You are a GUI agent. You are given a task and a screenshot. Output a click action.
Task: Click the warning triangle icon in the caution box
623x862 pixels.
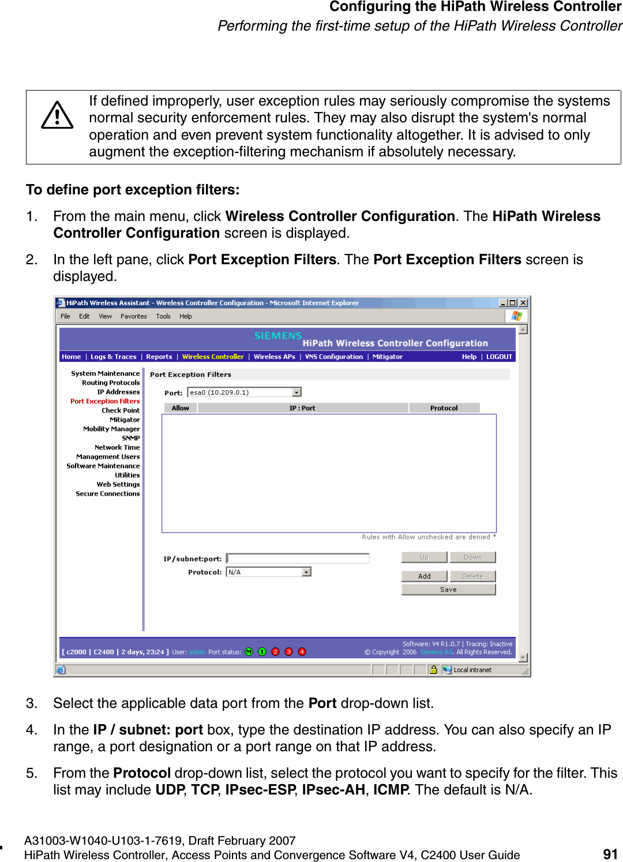[57, 115]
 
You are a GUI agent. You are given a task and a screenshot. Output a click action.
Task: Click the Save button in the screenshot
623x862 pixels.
[448, 590]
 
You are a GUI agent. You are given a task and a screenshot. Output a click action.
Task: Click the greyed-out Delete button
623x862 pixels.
[472, 576]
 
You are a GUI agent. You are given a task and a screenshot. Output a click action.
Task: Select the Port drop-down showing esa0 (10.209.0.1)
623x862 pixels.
[245, 392]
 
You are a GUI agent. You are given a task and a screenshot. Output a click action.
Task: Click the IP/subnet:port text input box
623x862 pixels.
[298, 559]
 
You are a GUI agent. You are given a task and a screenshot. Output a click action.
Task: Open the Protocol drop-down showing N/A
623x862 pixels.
[269, 572]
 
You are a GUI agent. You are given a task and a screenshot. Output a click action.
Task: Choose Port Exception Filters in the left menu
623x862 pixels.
[105, 401]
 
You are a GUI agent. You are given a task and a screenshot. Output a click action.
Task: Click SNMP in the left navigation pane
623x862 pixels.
[130, 438]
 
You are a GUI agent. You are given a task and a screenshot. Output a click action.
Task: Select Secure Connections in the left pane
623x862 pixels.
[108, 493]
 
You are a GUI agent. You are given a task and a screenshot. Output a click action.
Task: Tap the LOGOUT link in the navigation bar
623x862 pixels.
[499, 357]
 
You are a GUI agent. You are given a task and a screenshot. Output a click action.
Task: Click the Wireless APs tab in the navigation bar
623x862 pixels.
[274, 357]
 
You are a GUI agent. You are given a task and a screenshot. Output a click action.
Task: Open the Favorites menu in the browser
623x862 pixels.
[133, 316]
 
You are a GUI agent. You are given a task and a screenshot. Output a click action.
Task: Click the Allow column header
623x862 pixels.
[180, 408]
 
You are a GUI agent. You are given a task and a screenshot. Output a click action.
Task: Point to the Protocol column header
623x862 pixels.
[444, 408]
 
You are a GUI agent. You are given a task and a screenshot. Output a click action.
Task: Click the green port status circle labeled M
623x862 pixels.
[249, 652]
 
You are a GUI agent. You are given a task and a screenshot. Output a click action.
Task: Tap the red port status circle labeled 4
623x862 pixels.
[302, 652]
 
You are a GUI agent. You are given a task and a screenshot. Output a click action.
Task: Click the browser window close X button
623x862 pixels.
[523, 303]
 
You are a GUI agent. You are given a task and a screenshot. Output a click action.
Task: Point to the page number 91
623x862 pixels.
[610, 854]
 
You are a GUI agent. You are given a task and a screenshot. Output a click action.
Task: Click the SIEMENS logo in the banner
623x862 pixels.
[278, 336]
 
